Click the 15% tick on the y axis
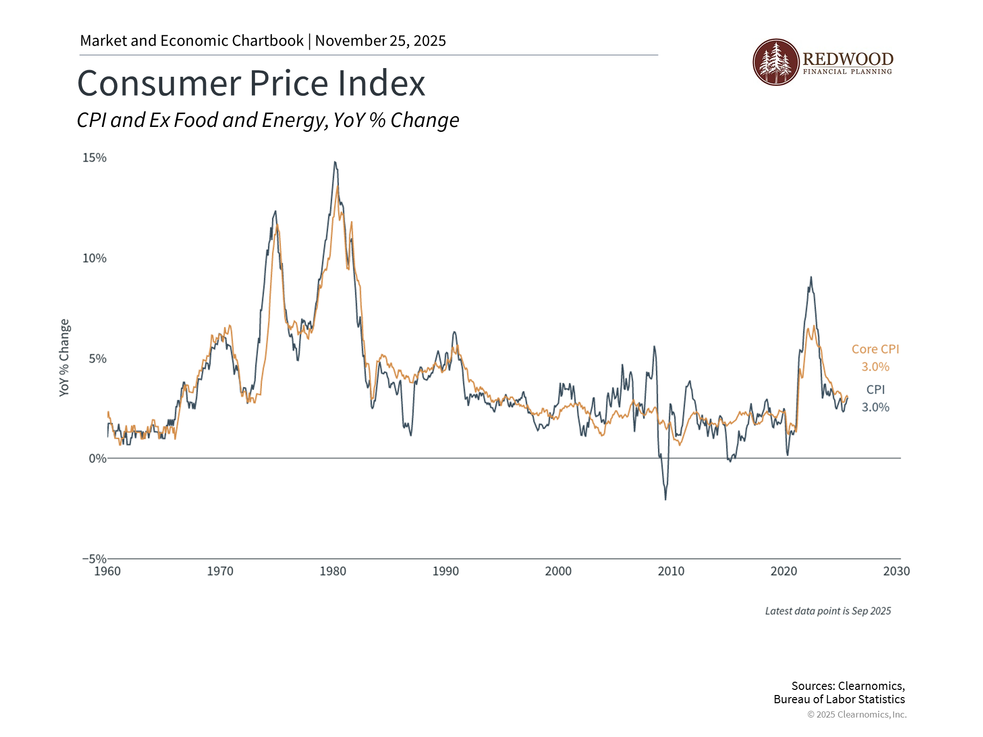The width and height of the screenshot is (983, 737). (x=95, y=158)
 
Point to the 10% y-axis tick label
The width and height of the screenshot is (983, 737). (x=95, y=258)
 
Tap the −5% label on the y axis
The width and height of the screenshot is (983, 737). (x=94, y=558)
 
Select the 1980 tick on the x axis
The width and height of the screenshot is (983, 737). (x=333, y=571)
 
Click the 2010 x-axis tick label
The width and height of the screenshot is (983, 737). (x=671, y=571)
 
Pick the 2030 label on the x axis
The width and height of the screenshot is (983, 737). (x=896, y=571)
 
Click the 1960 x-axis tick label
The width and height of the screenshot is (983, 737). (x=108, y=571)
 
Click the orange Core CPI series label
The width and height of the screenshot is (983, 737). (x=875, y=349)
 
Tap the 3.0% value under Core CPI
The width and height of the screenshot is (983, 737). (x=875, y=367)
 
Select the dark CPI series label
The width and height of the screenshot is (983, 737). (x=875, y=389)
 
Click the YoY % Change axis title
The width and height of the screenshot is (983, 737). (x=64, y=357)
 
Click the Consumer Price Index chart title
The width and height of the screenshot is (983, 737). (x=251, y=83)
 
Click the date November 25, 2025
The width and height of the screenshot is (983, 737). (x=380, y=40)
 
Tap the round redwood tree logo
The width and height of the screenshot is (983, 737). (x=776, y=62)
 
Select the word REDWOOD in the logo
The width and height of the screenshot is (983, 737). (x=848, y=59)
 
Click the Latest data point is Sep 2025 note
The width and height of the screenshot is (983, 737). (x=828, y=611)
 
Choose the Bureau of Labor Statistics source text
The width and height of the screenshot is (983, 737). (x=839, y=700)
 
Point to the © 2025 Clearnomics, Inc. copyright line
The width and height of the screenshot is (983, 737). (x=857, y=714)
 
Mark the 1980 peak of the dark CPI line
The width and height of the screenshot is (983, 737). (x=335, y=162)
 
